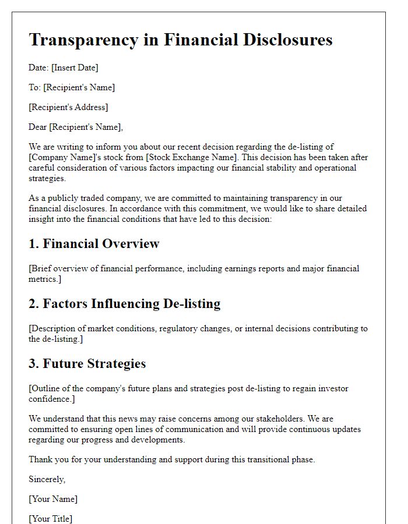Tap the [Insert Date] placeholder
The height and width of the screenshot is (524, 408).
75,68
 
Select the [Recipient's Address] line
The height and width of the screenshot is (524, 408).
68,107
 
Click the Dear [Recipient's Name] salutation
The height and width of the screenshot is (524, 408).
76,127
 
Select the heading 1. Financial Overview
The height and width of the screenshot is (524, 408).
94,244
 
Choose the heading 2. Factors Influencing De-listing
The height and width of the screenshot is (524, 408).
124,303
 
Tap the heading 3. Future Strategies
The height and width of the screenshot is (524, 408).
87,363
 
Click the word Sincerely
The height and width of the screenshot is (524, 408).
47,479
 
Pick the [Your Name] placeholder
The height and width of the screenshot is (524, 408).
53,499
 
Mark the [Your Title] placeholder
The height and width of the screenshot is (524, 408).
51,518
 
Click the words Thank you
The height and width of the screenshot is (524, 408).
45,459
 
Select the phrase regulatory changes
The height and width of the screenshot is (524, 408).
190,328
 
